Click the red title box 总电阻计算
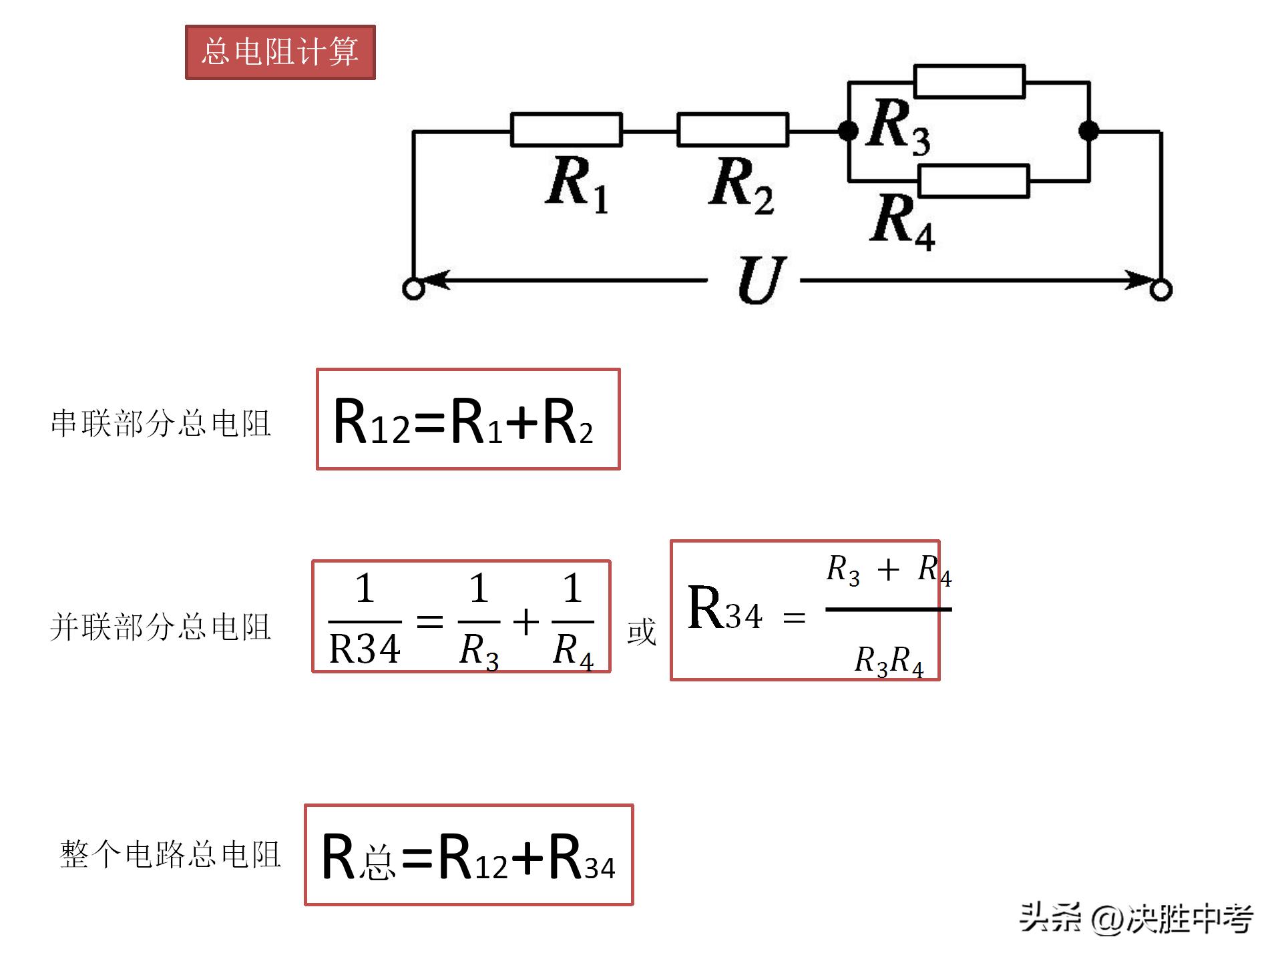tap(280, 52)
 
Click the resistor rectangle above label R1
tap(566, 129)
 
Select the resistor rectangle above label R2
tap(732, 129)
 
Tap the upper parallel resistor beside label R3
tap(969, 81)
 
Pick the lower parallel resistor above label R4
tap(974, 182)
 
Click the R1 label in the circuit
tap(576, 183)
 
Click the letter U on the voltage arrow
tap(761, 280)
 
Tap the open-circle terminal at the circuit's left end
tap(413, 290)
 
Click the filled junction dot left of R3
tap(848, 131)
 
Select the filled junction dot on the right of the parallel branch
tap(1088, 131)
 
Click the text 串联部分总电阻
tap(160, 423)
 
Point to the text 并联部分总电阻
tap(160, 627)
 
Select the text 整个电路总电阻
tap(170, 854)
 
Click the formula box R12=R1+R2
tap(467, 419)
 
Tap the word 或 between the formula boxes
tap(641, 631)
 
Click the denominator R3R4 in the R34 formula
tap(889, 661)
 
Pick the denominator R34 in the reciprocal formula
tap(365, 649)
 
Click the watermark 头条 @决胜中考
tap(1135, 918)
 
